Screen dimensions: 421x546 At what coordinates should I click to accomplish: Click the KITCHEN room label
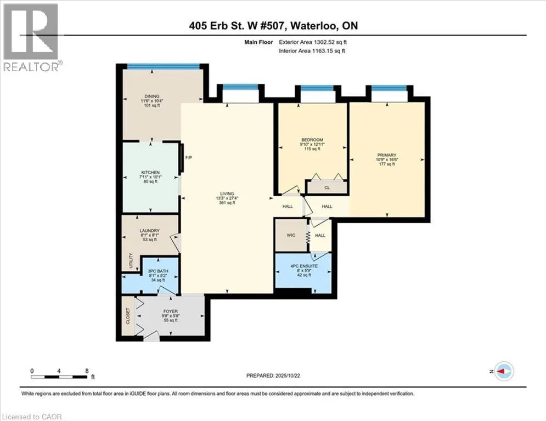tap(150, 173)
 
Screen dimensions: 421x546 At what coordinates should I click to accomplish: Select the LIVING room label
tap(227, 194)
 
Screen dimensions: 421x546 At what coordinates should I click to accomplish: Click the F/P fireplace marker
tap(188, 158)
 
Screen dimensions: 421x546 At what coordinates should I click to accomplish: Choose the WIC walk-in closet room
tap(290, 235)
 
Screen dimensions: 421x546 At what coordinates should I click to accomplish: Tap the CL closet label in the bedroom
tap(327, 187)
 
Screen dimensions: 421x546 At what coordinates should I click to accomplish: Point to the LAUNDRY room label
tap(149, 230)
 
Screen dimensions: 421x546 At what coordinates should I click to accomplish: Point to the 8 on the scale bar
tap(87, 371)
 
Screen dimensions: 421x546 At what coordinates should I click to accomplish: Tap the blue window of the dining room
tap(162, 66)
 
